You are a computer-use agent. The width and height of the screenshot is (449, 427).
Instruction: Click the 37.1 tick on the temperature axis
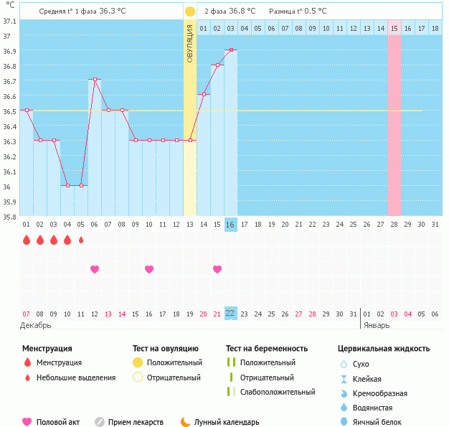pyautogui.click(x=9, y=21)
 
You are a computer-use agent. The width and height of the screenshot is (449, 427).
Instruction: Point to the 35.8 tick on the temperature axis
pyautogui.click(x=9, y=216)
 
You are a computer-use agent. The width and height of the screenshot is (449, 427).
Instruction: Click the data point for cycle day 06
pyautogui.click(x=94, y=80)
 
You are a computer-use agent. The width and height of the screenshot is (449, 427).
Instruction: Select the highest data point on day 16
pyautogui.click(x=230, y=50)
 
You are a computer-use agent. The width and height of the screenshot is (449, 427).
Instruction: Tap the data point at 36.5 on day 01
pyautogui.click(x=27, y=110)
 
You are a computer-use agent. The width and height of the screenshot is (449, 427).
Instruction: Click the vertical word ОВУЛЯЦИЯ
pyautogui.click(x=189, y=43)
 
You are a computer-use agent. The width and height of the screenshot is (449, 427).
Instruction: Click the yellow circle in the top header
pyautogui.click(x=189, y=11)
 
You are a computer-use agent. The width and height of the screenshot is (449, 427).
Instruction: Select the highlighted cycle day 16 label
pyautogui.click(x=230, y=225)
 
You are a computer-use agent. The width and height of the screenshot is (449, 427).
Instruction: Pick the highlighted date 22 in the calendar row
pyautogui.click(x=230, y=314)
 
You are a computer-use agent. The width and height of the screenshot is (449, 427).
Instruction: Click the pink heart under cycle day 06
pyautogui.click(x=94, y=269)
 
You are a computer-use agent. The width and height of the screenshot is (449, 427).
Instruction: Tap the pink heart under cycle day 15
pyautogui.click(x=217, y=269)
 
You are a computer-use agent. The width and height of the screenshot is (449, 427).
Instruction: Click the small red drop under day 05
pyautogui.click(x=81, y=240)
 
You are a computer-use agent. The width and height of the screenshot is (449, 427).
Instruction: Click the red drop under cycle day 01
pyautogui.click(x=27, y=240)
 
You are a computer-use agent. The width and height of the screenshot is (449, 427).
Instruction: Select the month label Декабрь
pyautogui.click(x=36, y=325)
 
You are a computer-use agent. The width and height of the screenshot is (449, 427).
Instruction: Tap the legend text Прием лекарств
pyautogui.click(x=136, y=422)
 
